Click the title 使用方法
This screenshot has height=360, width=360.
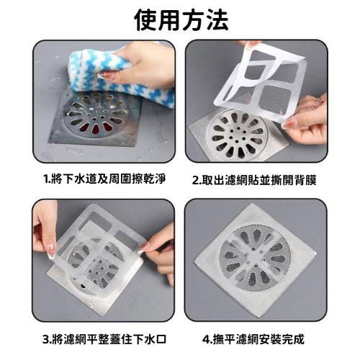tap(179, 20)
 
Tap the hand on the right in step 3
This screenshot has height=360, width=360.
tap(160, 248)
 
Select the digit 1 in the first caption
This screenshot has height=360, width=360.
tap(45, 178)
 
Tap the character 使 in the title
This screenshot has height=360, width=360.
tap(146, 20)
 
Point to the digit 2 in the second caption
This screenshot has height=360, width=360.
tap(195, 178)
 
